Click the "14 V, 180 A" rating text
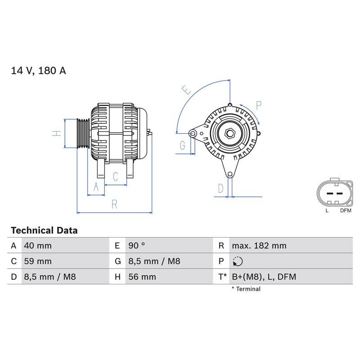pos(38,71)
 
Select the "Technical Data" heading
pos(44,230)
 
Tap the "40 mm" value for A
pos(38,246)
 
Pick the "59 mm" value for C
pos(38,261)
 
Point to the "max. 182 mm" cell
pos(259,246)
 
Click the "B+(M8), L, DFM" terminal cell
pos(264,277)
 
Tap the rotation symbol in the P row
pos(238,261)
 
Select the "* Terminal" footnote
pos(246,289)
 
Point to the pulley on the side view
pos(83,133)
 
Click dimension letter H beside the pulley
pos(56,133)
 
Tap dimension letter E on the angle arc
pos(187,90)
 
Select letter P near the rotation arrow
pos(258,105)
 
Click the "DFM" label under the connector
pos(346,210)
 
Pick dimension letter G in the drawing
pos(182,145)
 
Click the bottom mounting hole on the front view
pos(230,174)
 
